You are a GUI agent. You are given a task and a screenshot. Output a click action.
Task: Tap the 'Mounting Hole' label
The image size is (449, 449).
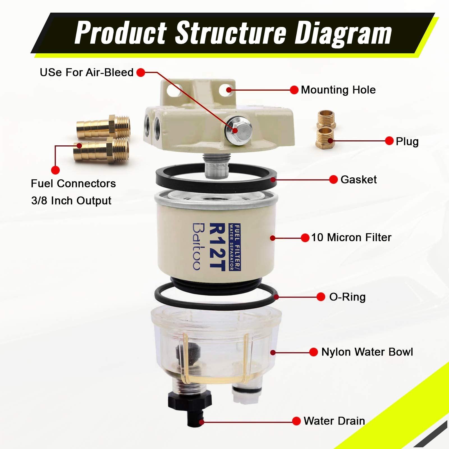click(x=338, y=90)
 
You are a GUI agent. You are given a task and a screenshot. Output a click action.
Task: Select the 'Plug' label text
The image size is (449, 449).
click(x=407, y=141)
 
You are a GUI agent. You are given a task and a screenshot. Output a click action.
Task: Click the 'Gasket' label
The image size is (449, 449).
click(x=358, y=180)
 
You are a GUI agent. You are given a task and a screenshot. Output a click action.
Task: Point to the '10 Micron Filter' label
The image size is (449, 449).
click(x=351, y=238)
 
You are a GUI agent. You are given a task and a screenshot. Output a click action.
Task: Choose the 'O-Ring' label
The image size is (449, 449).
click(x=347, y=297)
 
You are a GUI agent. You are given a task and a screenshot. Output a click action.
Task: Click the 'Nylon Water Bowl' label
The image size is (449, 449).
click(x=367, y=352)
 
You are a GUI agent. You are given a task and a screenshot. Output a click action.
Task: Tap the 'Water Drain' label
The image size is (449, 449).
click(x=334, y=421)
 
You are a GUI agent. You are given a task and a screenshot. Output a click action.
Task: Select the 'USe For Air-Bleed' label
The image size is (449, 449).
click(x=86, y=72)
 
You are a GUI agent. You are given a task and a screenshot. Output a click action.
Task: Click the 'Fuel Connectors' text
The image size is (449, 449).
click(x=73, y=184)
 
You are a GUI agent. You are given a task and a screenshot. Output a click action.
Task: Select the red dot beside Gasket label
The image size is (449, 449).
click(x=333, y=180)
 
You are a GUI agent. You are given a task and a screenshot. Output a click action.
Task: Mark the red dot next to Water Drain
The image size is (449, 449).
click(x=296, y=421)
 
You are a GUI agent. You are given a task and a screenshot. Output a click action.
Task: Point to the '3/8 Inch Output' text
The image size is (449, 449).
click(x=71, y=201)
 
